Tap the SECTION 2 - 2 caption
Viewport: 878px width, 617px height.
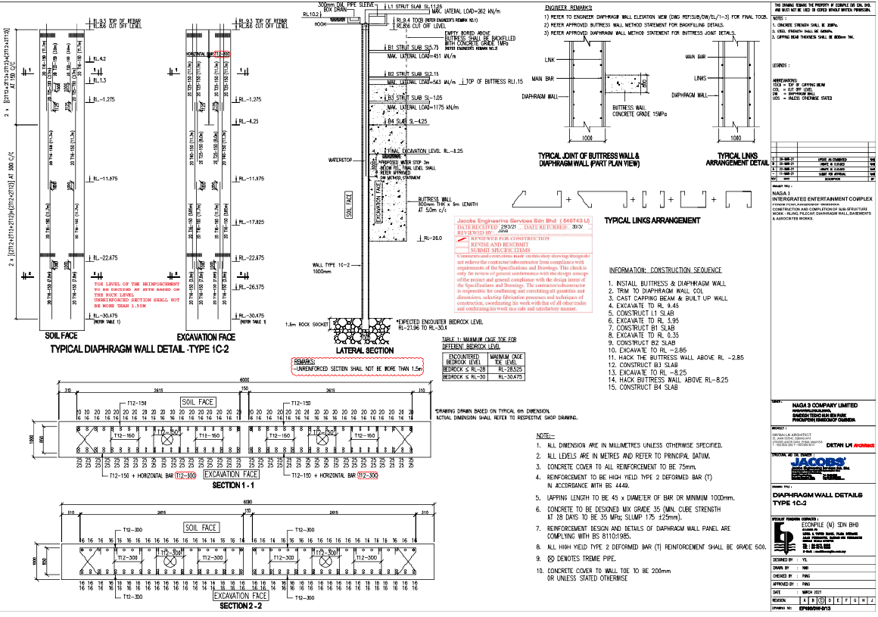[240, 606]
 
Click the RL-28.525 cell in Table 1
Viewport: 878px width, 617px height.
[506, 368]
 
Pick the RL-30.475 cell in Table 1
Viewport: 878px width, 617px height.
[506, 376]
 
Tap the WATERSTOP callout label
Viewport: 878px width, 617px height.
[341, 160]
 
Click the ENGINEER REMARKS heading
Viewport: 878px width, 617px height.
[572, 7]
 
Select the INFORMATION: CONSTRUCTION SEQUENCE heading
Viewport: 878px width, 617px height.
[666, 270]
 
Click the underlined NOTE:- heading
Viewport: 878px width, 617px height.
[545, 436]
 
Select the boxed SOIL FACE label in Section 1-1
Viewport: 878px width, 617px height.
[198, 400]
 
